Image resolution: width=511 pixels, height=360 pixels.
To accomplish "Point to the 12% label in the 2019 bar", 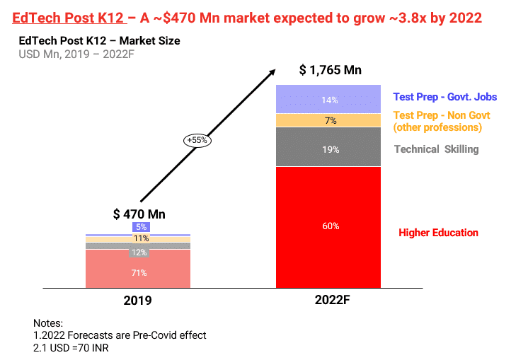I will tap(139, 252).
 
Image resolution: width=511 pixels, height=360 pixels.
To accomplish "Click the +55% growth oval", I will tap(196, 140).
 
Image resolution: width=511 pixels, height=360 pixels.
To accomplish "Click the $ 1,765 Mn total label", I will tap(330, 70).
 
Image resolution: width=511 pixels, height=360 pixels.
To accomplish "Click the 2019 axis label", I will tap(138, 300).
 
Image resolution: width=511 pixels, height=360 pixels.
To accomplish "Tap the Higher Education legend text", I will tap(438, 233).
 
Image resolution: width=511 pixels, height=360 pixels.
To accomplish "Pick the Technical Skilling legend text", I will tap(436, 149).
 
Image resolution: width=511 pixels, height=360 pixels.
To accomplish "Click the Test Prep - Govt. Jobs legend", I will tap(445, 97).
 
